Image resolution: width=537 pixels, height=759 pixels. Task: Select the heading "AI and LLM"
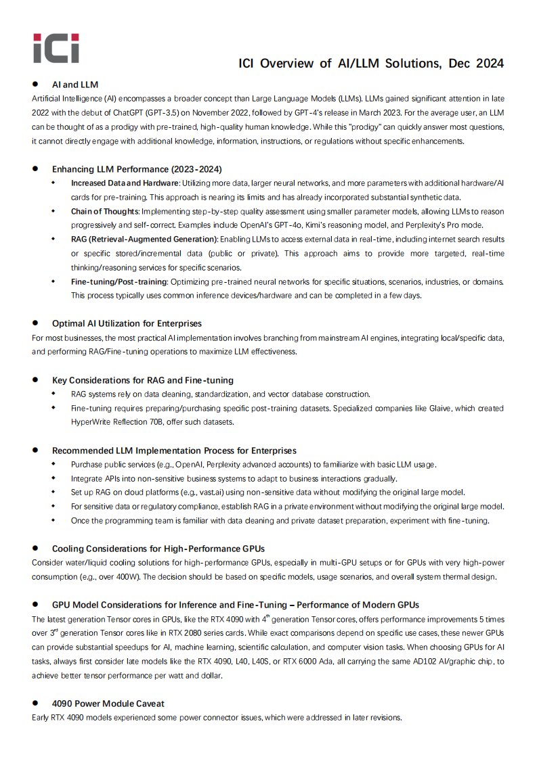click(x=75, y=85)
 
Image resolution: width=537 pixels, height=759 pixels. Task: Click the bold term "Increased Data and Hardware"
click(x=125, y=183)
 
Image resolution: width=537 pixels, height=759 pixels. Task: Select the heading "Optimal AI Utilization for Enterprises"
click(x=127, y=323)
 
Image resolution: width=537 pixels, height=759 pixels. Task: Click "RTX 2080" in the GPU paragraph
click(x=224, y=632)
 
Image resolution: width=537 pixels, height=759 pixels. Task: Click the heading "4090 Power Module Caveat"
click(x=108, y=703)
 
